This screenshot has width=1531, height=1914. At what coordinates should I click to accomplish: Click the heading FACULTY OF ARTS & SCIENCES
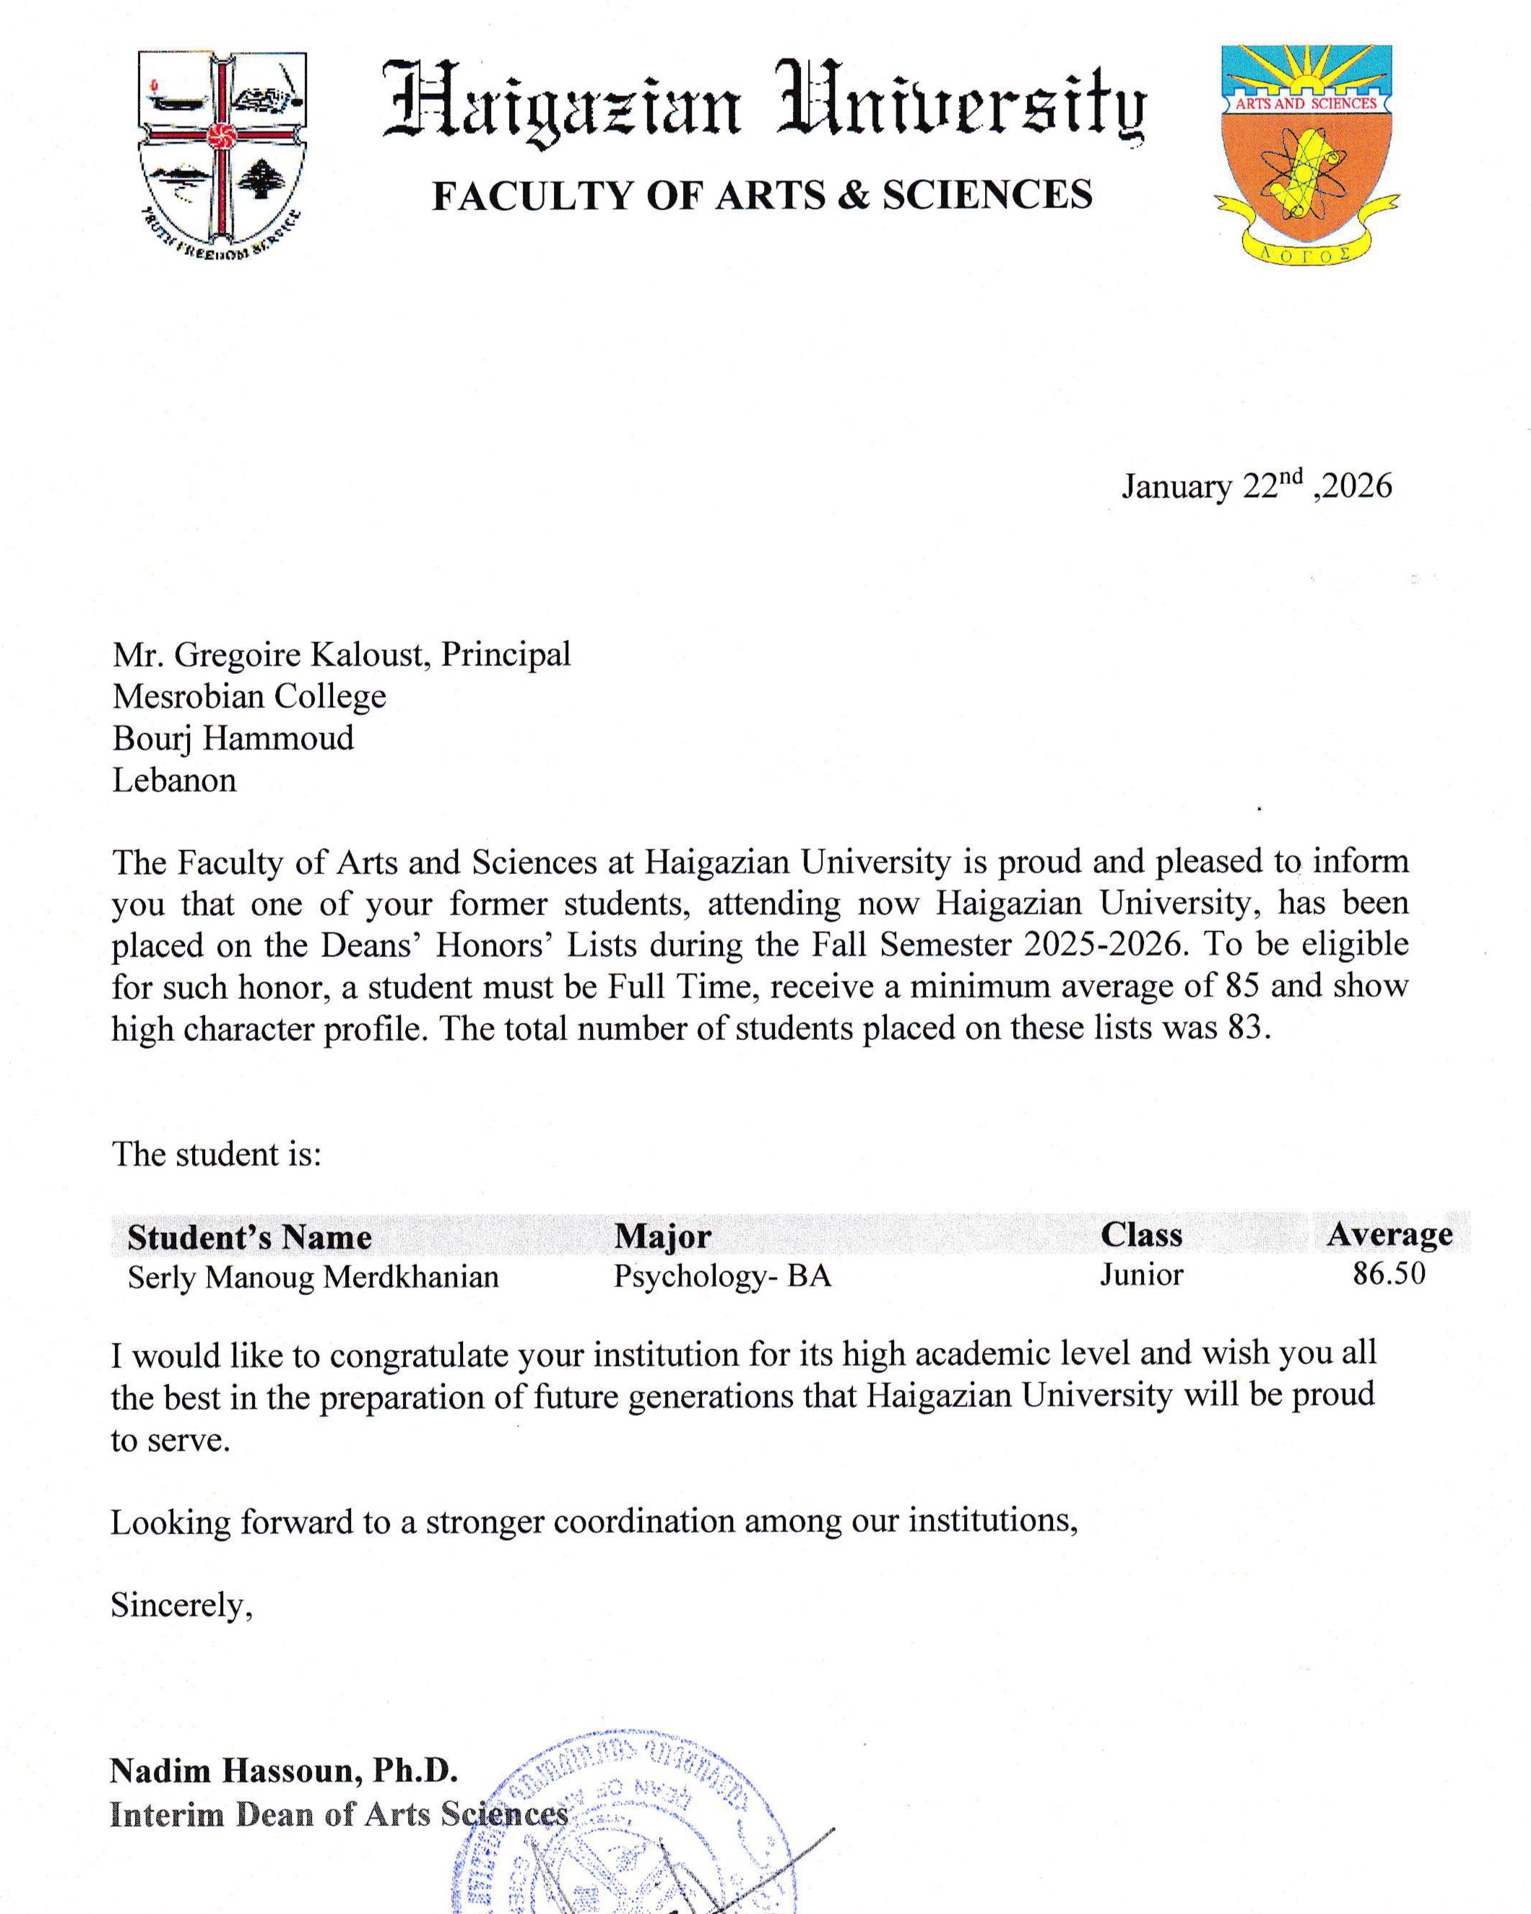[761, 195]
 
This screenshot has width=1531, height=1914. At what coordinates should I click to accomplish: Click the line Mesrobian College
[249, 696]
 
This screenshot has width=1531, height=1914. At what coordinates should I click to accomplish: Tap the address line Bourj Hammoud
[233, 737]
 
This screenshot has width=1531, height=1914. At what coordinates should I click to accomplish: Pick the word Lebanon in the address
[174, 780]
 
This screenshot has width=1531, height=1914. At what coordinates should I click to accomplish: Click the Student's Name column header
[249, 1237]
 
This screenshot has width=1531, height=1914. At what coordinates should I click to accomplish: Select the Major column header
[662, 1236]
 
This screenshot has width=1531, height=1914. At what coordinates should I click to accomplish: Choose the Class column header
[1141, 1235]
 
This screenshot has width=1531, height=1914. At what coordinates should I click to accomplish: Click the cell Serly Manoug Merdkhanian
[313, 1276]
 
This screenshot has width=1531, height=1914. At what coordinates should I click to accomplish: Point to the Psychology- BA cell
[721, 1276]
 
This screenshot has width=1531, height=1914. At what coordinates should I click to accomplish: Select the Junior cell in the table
[1141, 1275]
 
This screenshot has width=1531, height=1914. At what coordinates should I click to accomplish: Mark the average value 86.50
[1388, 1274]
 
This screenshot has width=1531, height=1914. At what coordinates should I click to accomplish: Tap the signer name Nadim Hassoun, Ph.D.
[283, 1770]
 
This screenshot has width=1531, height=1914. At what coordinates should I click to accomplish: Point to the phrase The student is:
[216, 1154]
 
